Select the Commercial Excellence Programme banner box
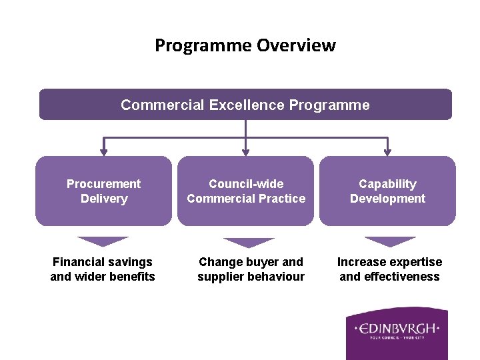tap(245, 105)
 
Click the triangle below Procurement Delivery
tap(103, 241)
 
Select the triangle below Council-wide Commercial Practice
tap(248, 242)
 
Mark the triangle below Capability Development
tap(390, 241)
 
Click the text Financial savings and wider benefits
tap(103, 269)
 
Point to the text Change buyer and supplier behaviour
tap(251, 269)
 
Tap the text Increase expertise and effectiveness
tap(389, 269)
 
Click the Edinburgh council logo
tap(397, 333)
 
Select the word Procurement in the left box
tap(103, 184)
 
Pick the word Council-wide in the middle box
tap(246, 184)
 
